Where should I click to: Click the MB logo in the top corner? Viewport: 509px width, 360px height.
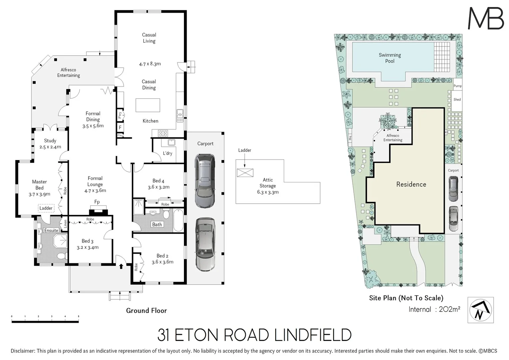[486, 18]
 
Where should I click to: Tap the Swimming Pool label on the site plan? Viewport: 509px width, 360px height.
[389, 58]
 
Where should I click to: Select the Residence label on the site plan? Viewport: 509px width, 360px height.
[411, 184]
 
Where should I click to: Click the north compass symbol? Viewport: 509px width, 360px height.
[480, 310]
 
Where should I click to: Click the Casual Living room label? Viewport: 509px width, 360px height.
[149, 38]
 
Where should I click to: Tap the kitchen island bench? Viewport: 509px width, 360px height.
[148, 105]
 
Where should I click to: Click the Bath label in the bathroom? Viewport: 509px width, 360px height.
[157, 224]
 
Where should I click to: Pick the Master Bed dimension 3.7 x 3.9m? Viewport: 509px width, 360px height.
[39, 194]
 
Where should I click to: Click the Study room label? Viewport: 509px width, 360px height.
[50, 141]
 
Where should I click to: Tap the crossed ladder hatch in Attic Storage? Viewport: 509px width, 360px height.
[245, 173]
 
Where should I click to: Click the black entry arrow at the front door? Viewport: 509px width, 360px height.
[121, 266]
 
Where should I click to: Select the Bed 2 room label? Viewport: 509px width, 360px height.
[162, 256]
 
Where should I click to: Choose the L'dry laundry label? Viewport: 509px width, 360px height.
[168, 153]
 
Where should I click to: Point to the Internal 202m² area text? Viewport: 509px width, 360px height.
[434, 309]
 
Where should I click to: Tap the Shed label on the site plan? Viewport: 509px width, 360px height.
[457, 99]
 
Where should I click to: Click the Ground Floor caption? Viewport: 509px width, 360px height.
[146, 311]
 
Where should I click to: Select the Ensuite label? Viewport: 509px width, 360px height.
[51, 230]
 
